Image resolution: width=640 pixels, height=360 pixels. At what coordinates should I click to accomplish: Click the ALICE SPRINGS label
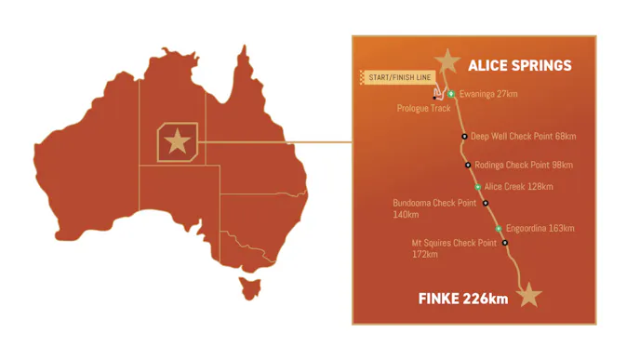(519, 66)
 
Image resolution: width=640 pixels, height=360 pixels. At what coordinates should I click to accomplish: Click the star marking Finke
(529, 295)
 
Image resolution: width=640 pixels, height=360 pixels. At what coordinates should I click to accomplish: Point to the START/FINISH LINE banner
(395, 77)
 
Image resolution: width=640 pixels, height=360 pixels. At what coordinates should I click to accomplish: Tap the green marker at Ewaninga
(451, 94)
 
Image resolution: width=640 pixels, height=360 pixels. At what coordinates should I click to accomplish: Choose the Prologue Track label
(423, 108)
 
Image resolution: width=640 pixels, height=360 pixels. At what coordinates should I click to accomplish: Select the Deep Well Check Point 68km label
(523, 136)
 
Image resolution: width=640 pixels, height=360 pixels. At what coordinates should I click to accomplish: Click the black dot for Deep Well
(464, 136)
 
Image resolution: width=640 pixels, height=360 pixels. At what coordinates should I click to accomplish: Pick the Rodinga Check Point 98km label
(524, 165)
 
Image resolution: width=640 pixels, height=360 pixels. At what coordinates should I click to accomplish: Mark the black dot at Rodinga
(468, 165)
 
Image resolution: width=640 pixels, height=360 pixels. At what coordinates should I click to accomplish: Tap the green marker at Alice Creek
(478, 187)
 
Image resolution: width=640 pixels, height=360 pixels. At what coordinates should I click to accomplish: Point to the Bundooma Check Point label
(434, 203)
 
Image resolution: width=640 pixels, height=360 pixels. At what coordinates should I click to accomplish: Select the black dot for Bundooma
(485, 202)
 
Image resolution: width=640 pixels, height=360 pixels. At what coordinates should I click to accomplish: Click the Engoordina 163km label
(540, 228)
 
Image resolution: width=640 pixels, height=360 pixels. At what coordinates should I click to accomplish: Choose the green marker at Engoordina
(499, 228)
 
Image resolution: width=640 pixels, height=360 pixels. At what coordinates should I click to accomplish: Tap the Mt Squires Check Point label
(454, 243)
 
